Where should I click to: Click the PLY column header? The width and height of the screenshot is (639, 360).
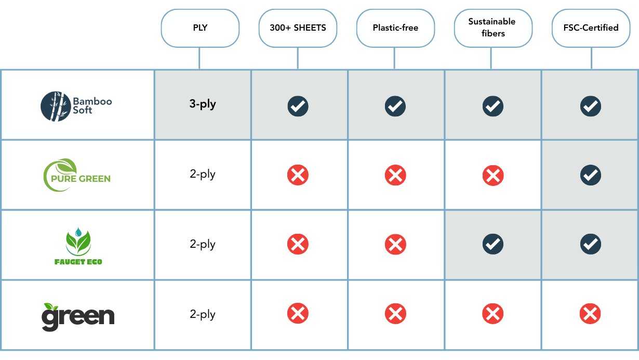200,28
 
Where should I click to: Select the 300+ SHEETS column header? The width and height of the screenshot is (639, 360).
298,28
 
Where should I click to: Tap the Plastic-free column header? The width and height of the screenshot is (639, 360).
395,28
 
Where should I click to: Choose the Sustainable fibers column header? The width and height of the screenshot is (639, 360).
492,28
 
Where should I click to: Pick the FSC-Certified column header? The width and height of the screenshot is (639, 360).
591,28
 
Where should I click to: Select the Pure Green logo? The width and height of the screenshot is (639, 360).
77,176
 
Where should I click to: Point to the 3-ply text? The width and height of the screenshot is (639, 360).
203,104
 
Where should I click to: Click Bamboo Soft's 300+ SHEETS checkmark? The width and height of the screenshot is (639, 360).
298,106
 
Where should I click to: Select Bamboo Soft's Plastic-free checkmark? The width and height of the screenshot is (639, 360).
395,106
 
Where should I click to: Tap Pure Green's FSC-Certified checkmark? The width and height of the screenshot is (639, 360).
591,176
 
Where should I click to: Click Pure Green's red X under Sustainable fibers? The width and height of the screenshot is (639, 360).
492,176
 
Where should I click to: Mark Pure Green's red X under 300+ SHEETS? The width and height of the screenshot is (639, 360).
298,176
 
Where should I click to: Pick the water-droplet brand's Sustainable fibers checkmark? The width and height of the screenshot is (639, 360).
492,244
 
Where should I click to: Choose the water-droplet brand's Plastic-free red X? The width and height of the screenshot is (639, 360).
395,244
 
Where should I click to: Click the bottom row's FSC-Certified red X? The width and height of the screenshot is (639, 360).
591,314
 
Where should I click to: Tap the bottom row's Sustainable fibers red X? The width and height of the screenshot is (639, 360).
492,314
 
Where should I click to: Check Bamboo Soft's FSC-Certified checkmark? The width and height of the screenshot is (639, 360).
591,106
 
